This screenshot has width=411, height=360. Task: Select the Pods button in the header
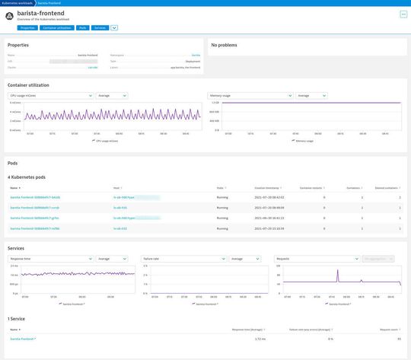82,27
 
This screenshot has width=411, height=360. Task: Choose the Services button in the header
100,27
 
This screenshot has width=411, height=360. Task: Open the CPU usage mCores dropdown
50,96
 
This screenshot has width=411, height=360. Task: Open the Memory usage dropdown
250,96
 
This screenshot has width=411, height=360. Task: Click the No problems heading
224,45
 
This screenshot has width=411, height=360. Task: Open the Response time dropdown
50,259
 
